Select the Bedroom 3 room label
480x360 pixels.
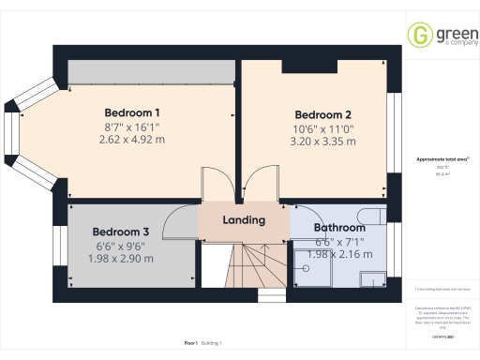pos(120,232)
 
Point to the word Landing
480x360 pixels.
pos(243,220)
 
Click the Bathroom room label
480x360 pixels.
pos(338,228)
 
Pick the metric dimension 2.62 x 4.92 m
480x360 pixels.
pos(131,139)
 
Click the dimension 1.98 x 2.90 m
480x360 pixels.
pos(120,258)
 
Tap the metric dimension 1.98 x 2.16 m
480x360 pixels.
pos(338,254)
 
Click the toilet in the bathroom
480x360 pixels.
pos(373,217)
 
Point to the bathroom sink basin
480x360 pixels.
pos(374,277)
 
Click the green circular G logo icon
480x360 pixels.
pos(421,36)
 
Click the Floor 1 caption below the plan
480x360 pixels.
pos(191,344)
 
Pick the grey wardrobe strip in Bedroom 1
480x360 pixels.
pos(150,71)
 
